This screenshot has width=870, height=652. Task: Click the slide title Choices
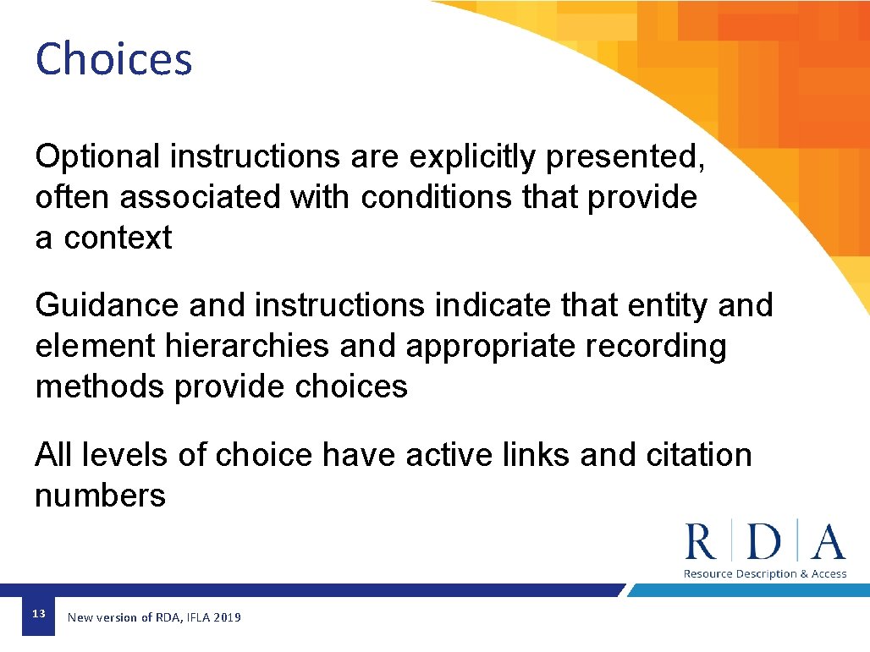pyautogui.click(x=114, y=59)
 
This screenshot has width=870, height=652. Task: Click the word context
pyautogui.click(x=118, y=238)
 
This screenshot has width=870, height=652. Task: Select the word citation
pyautogui.click(x=698, y=455)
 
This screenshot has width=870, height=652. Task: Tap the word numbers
pyautogui.click(x=100, y=496)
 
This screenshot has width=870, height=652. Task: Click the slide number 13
pyautogui.click(x=38, y=614)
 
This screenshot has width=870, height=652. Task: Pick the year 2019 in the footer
pyautogui.click(x=227, y=618)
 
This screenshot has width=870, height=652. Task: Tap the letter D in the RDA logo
pyautogui.click(x=765, y=541)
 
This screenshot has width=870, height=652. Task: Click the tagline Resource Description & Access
pyautogui.click(x=765, y=574)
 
